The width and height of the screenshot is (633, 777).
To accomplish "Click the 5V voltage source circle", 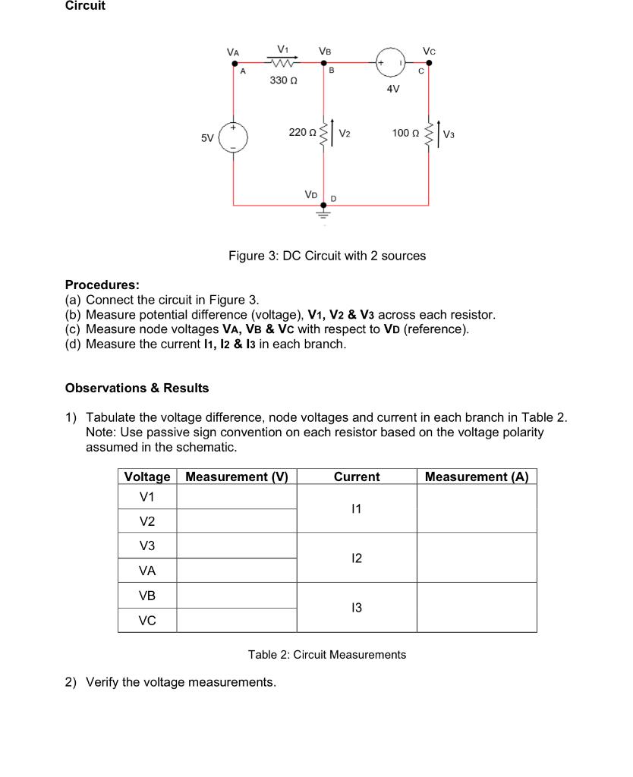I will coord(234,138).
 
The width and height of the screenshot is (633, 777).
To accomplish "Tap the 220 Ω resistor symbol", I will coord(326,134).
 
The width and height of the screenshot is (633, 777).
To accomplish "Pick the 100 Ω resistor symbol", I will coord(429,134).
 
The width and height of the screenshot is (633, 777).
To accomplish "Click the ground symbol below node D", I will coord(325,214).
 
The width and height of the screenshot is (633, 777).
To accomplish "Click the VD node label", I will coord(311,193).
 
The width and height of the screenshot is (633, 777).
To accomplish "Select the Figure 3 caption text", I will coord(327,256).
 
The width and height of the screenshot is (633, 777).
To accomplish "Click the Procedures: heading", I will coord(102,285).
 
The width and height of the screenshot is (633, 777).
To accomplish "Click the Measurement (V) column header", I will coord(237,477).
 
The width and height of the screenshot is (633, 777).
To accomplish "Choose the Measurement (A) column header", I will coord(477,477).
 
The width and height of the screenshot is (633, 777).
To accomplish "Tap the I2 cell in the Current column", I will coord(357,558).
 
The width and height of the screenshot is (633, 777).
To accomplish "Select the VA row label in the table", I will coord(147,571).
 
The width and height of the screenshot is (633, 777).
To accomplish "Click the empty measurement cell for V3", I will coord(237,546).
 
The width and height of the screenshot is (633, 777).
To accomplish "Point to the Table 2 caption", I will coord(327,654).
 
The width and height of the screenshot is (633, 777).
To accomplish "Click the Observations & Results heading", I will coord(137,388).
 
